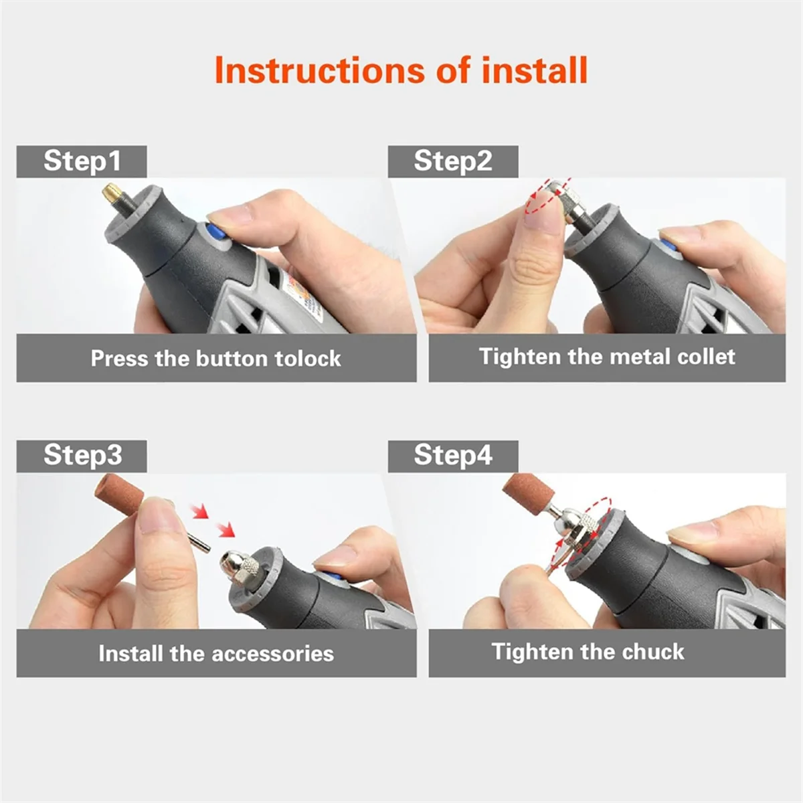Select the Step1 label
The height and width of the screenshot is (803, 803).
82,161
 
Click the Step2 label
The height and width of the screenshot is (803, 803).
453,161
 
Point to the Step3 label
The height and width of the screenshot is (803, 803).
82,454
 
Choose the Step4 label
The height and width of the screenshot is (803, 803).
453,454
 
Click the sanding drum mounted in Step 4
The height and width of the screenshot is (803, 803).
528,491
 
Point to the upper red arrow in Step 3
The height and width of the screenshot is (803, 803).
199,511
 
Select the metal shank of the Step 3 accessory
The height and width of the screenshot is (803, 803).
199,542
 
